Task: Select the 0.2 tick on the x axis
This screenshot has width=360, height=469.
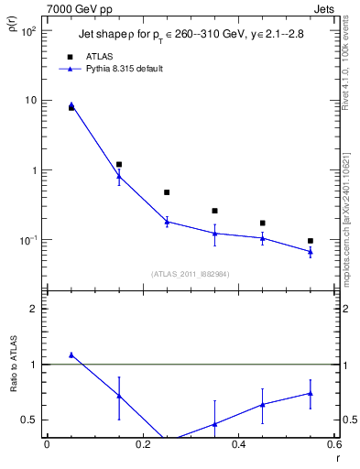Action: coord(142,446)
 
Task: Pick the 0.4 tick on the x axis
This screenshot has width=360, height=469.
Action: coord(238,446)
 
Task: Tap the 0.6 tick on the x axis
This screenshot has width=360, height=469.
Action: coord(334,446)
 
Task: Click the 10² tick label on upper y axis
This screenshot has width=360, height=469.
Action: coord(28,31)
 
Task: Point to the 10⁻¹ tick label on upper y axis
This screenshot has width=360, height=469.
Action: coord(28,240)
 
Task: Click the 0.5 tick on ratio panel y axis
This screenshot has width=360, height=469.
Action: coord(30,420)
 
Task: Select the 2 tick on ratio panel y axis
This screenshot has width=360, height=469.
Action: coord(34,309)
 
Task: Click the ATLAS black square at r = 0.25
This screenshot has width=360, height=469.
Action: coord(167,192)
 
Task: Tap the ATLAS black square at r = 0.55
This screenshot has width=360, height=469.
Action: coord(311,241)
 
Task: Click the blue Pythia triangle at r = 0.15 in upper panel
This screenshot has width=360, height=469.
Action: coord(119,176)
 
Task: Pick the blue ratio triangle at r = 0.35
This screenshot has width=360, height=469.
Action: coord(214,424)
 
